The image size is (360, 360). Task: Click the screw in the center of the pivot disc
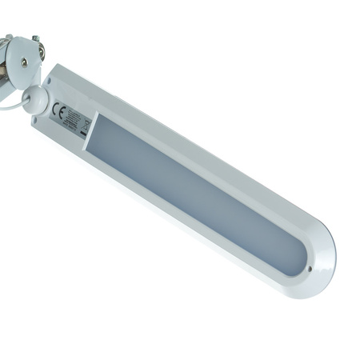point(23,62)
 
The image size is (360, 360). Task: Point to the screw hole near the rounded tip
point(309,269)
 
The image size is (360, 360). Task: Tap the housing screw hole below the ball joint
point(35,120)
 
